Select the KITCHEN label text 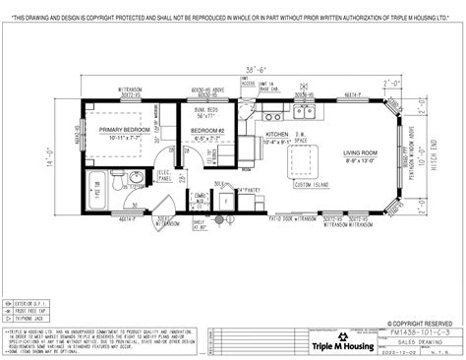point(276,134)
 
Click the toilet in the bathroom point(116,180)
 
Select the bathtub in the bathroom point(97,187)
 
